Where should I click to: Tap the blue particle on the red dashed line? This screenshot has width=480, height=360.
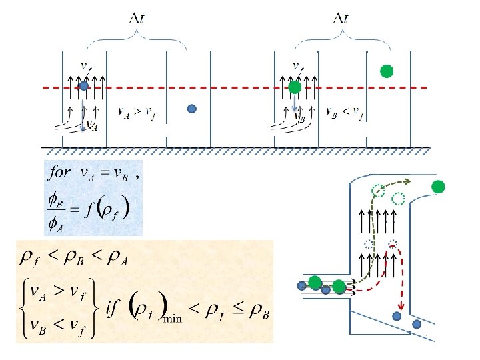pos(84,85)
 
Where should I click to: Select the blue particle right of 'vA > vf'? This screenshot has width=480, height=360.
pos(192,109)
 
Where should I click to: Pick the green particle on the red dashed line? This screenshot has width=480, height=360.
pos(295,86)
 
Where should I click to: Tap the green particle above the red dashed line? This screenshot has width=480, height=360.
pos(386,71)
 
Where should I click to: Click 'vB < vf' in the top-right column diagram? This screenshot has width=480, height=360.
pos(345,112)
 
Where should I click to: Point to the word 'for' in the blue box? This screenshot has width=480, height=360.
pos(60,172)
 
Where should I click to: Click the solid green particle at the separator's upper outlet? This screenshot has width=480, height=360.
pos(438,187)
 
